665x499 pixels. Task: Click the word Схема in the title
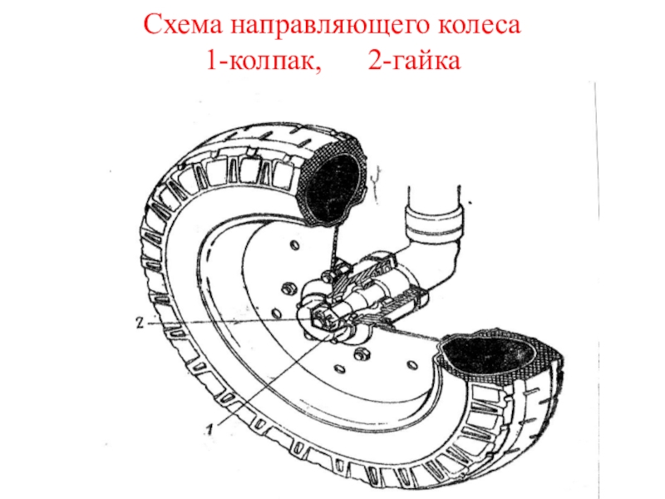[183, 26]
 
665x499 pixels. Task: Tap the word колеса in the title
[480, 26]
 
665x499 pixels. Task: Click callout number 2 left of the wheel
[140, 323]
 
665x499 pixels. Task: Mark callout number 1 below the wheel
[209, 429]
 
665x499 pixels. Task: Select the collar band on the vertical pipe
[434, 223]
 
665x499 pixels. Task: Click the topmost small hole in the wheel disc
[294, 245]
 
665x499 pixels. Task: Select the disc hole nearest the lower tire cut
[411, 365]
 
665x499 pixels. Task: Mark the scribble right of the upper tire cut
[376, 183]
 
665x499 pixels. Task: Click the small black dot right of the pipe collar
[470, 203]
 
